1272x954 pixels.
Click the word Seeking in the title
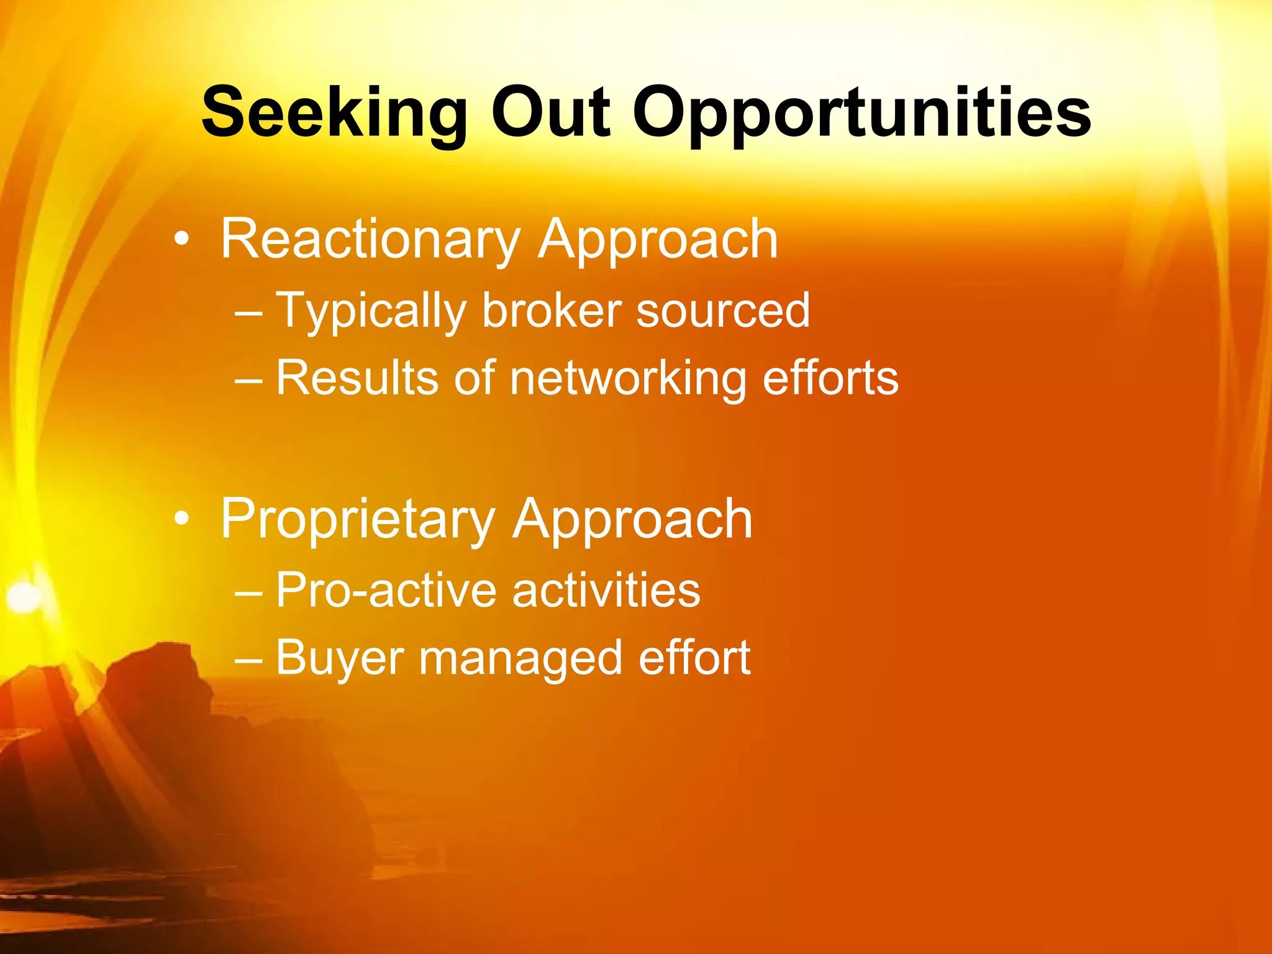click(334, 114)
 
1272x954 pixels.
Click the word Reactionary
click(370, 240)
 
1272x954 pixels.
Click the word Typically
click(370, 311)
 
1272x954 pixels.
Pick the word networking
click(628, 379)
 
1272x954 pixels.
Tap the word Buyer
click(339, 658)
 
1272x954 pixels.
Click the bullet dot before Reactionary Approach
click(181, 240)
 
